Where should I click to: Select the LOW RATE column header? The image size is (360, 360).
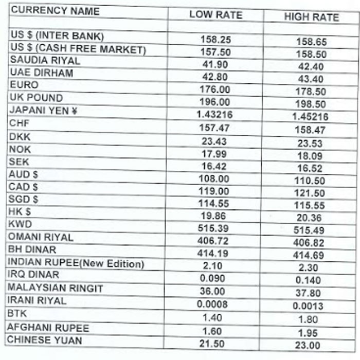(215, 15)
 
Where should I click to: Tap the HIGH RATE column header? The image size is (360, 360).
(311, 17)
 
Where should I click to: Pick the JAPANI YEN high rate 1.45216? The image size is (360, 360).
(310, 117)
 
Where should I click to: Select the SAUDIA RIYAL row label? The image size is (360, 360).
(45, 60)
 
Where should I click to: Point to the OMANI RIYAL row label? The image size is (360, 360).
(41, 238)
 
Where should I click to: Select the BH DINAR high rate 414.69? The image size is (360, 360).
(311, 255)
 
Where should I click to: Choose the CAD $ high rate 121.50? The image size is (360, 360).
(310, 193)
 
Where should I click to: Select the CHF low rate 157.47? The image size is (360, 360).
(214, 127)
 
